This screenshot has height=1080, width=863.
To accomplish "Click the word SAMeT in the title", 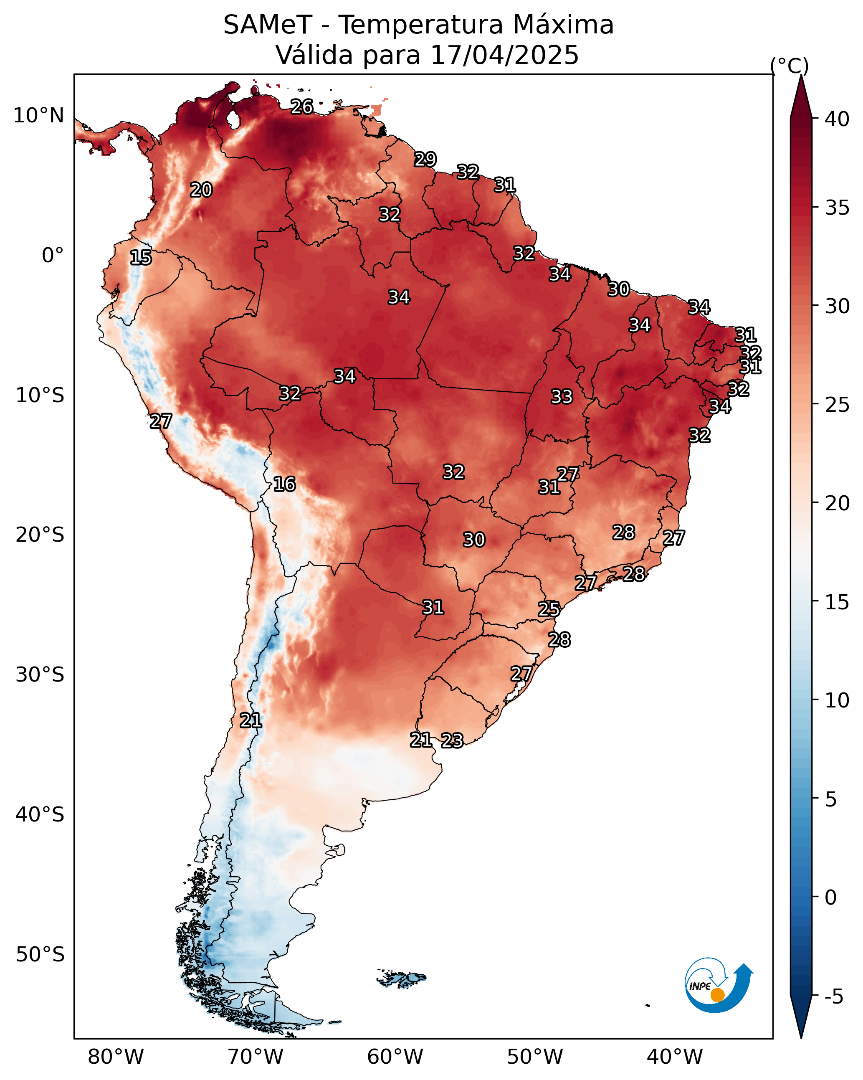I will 268,25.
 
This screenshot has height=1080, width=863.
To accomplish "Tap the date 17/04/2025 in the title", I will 504,55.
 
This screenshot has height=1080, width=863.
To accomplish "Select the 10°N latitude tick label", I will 38,116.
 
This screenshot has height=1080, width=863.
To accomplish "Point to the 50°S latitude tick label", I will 40,955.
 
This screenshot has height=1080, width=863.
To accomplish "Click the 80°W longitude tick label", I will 116,1057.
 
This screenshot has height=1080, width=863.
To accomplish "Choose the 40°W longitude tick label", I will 675,1057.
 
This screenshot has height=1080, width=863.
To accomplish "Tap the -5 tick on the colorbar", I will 834,997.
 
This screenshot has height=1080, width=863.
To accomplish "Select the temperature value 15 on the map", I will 141,258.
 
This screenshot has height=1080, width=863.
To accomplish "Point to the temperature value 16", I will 284,484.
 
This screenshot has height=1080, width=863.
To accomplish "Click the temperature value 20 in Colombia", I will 201,190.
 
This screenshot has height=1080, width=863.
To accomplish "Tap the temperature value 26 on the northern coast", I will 302,106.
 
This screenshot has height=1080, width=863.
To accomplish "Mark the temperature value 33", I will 562,397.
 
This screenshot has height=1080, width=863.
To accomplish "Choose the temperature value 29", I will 425,159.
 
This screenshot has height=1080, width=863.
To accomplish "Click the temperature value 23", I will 452,740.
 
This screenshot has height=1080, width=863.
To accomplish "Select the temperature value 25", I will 549,609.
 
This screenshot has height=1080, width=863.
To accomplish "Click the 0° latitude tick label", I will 53,256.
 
